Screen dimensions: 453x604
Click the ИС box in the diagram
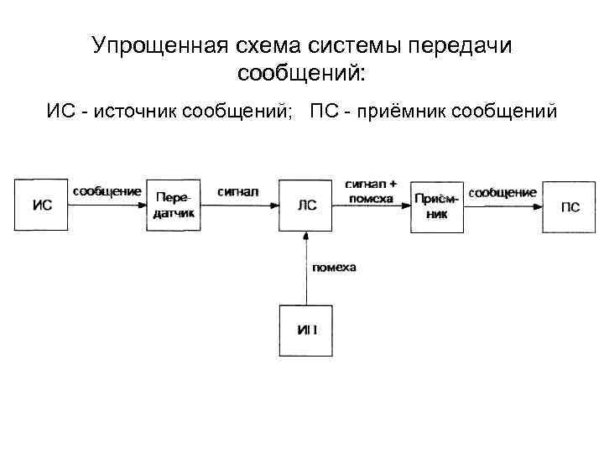point(40,206)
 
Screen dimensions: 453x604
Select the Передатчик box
point(174,206)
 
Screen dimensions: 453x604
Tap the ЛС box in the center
point(307,206)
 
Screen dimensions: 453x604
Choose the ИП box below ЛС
point(307,330)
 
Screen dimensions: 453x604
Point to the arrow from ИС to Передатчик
point(108,206)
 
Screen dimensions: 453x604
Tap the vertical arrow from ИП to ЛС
point(307,268)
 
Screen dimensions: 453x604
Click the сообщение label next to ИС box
point(107,191)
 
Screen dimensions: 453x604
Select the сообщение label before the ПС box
point(502,192)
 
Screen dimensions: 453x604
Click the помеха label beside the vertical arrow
point(334,268)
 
